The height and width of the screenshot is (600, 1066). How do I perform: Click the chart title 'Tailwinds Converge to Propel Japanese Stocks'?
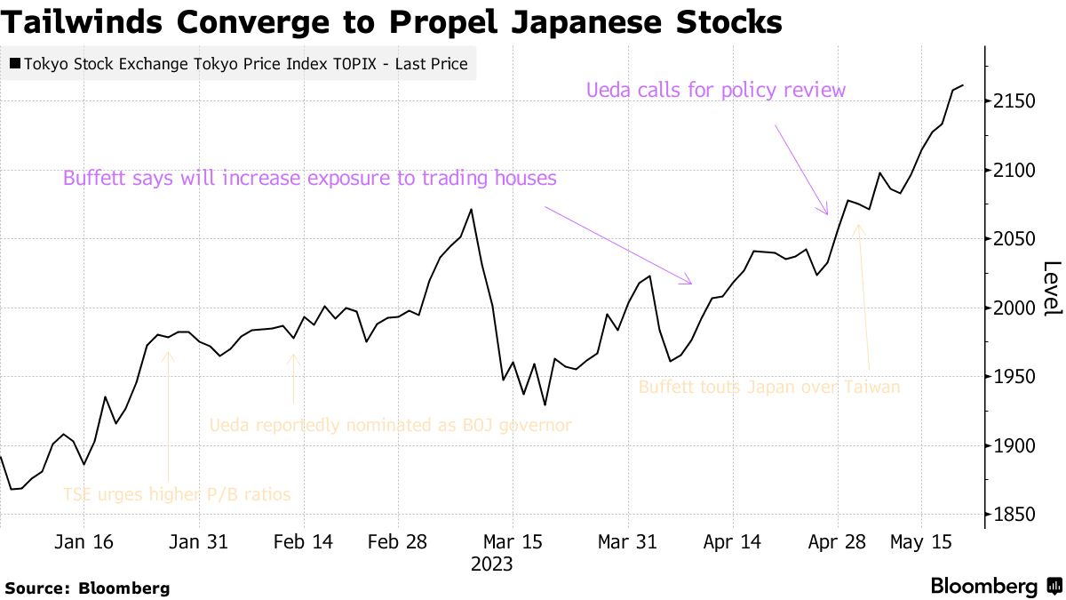tap(391, 21)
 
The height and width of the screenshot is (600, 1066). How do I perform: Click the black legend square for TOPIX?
tap(15, 64)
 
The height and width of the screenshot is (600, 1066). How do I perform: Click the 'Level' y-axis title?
tap(1052, 288)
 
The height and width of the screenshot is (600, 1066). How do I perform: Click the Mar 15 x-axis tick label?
tap(511, 541)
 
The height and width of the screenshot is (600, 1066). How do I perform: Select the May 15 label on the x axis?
tap(920, 541)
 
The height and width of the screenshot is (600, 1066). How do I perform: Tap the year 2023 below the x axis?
tap(491, 564)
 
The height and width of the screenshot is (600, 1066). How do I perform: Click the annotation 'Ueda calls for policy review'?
tap(716, 90)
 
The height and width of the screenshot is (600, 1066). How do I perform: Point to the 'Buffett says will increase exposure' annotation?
tap(309, 179)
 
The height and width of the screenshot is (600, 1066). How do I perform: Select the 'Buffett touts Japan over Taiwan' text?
tap(769, 388)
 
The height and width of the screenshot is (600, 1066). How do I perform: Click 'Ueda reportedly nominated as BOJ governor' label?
tap(390, 426)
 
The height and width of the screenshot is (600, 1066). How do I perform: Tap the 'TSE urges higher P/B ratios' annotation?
tap(177, 494)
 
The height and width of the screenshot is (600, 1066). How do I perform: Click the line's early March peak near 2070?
tap(471, 210)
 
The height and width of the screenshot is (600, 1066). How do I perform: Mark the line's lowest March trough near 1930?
tap(545, 405)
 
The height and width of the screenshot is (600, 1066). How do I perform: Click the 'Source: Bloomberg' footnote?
tap(87, 588)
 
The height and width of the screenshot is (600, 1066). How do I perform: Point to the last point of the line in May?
tap(963, 85)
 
